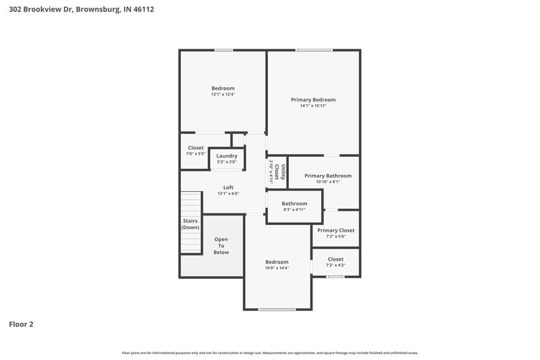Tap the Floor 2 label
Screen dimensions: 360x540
(x=21, y=324)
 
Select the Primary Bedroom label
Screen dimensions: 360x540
(x=313, y=99)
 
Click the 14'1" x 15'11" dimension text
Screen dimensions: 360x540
(x=313, y=106)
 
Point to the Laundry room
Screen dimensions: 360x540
(x=227, y=158)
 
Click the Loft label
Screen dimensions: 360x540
(x=228, y=187)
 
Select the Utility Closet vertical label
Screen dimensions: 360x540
(x=277, y=174)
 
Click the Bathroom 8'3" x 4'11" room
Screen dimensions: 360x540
(x=294, y=206)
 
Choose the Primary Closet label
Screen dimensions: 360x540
(x=335, y=230)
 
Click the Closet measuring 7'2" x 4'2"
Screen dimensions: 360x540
(x=335, y=262)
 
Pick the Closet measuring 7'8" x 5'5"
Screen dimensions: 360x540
(x=196, y=151)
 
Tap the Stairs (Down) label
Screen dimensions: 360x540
(x=190, y=224)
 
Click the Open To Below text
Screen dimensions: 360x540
(x=221, y=246)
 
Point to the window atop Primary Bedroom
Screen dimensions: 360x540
(x=313, y=50)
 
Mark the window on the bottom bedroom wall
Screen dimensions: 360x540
(x=277, y=309)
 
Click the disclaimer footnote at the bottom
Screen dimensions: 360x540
(x=270, y=353)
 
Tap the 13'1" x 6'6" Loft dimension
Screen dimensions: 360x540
(x=228, y=194)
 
